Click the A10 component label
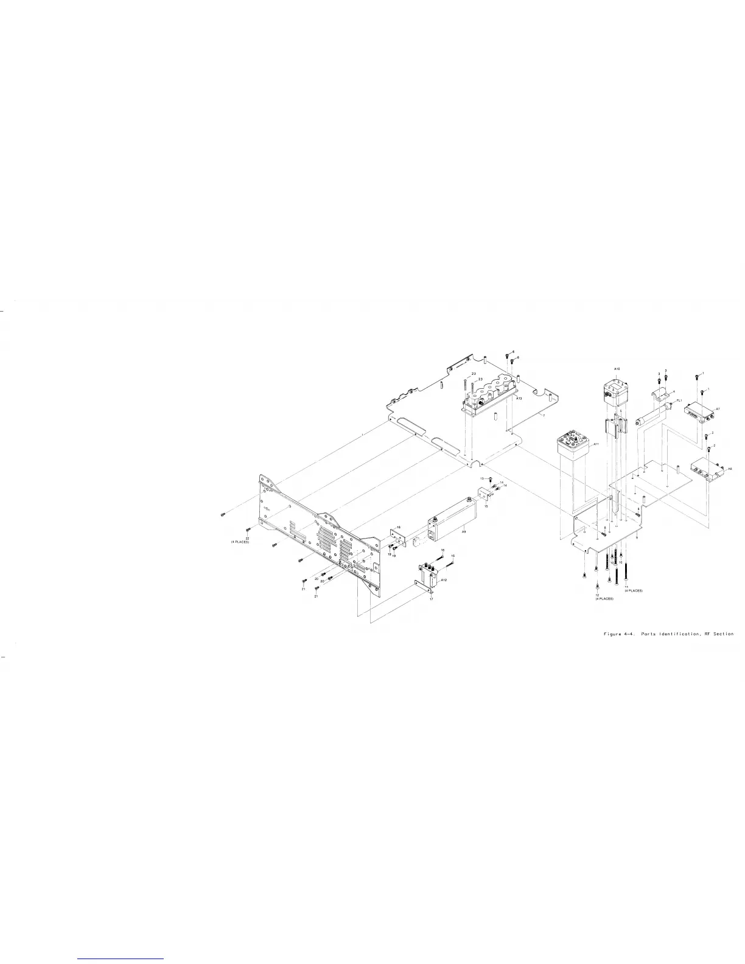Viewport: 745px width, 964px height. [617, 369]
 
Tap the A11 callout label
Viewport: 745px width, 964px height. [596, 444]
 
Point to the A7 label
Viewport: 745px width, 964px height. [718, 408]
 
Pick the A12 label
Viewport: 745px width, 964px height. [444, 580]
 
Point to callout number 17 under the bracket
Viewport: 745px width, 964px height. [431, 599]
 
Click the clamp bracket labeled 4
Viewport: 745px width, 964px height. [662, 396]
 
